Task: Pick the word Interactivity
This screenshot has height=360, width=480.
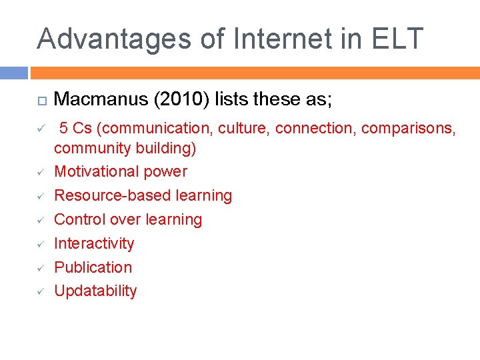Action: point(94,243)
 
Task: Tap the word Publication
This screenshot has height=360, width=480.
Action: point(93,267)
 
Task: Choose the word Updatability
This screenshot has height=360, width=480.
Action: point(95,291)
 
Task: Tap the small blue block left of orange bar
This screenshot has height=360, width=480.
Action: point(14,73)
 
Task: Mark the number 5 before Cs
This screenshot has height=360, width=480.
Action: point(65,128)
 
